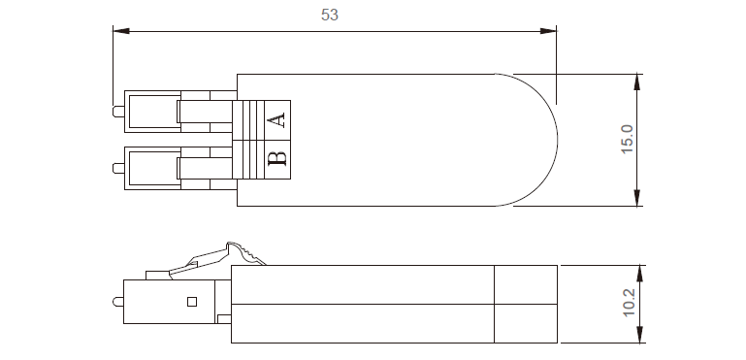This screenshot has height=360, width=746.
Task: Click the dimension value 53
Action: (329, 15)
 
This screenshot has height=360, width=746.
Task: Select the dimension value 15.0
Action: (627, 139)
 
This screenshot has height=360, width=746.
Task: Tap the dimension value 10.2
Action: (629, 303)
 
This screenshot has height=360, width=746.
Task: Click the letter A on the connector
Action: (276, 119)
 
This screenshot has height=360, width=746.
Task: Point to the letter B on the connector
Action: (276, 158)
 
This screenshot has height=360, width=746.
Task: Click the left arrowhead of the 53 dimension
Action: (121, 31)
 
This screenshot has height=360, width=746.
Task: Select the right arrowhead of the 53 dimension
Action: (548, 31)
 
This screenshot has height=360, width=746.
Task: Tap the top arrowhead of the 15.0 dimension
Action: (637, 82)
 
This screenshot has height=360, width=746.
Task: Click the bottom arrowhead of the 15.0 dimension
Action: (637, 198)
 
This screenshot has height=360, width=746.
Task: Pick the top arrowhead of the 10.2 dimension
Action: (640, 274)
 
